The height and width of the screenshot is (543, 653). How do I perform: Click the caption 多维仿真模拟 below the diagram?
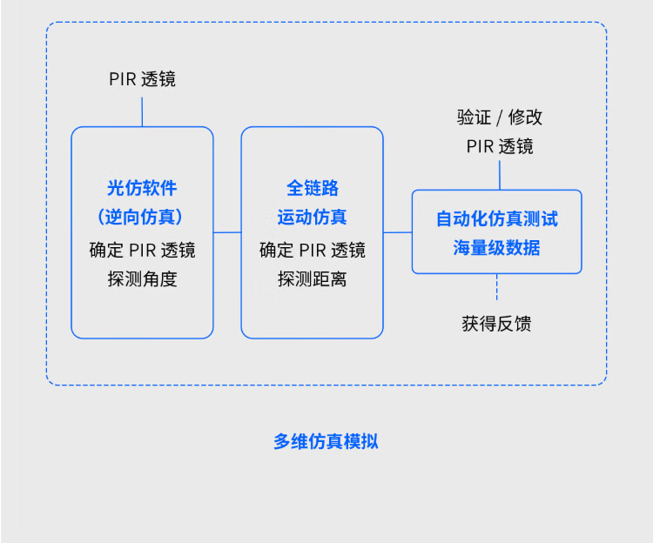click(x=326, y=441)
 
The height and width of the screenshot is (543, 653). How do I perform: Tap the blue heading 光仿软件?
click(x=142, y=188)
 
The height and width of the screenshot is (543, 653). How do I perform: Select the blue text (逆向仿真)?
click(x=142, y=217)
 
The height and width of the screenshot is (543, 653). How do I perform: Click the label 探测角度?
click(x=142, y=279)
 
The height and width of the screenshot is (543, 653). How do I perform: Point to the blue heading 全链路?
click(x=313, y=188)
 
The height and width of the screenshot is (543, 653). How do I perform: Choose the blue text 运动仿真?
click(x=313, y=217)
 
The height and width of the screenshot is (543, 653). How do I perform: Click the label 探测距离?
click(x=313, y=279)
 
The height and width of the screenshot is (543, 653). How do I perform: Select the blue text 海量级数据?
click(x=496, y=247)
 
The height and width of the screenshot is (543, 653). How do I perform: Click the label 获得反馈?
click(x=496, y=325)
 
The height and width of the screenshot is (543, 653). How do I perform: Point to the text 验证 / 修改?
click(x=500, y=117)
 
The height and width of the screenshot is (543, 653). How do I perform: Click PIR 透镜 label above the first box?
click(x=142, y=79)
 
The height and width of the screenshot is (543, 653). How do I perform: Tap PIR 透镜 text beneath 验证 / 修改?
click(x=500, y=146)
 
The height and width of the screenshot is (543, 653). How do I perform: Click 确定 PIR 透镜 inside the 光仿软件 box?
click(x=142, y=251)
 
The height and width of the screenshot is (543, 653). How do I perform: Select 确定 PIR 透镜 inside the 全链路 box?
click(x=313, y=251)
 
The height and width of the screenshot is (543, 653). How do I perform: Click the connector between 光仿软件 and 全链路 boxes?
click(x=227, y=232)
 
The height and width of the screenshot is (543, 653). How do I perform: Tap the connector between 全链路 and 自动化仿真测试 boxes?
click(x=397, y=232)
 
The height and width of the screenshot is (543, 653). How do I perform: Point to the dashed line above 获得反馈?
click(x=497, y=288)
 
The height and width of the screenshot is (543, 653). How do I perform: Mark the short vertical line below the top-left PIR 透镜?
click(x=142, y=111)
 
